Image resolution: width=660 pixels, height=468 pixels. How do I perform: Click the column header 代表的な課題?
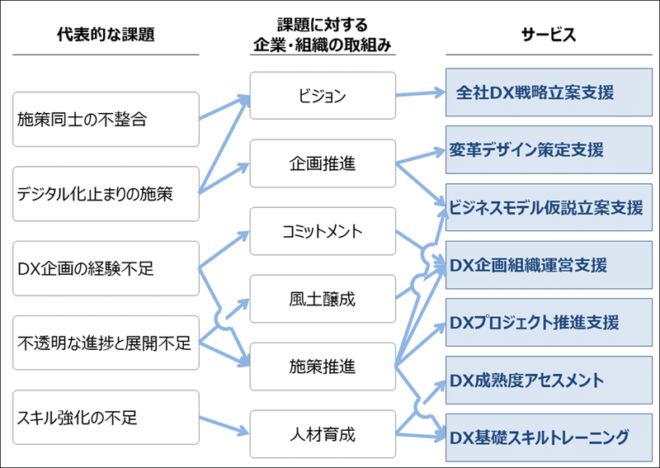[106, 35]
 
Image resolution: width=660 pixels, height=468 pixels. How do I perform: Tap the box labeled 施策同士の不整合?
[106, 119]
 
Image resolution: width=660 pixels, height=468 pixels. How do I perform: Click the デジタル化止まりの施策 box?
[106, 194]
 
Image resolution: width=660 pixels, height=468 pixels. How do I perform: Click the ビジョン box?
[323, 96]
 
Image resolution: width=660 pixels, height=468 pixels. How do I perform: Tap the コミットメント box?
[323, 231]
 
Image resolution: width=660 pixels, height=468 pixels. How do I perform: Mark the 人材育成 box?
[323, 434]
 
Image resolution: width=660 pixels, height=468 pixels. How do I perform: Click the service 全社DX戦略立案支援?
[548, 92]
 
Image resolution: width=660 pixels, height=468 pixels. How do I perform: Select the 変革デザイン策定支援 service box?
[548, 149]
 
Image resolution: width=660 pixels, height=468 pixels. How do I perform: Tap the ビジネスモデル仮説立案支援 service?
[548, 207]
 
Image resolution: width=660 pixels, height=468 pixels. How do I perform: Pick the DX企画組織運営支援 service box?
[548, 265]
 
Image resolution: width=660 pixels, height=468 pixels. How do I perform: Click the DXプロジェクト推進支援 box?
[548, 322]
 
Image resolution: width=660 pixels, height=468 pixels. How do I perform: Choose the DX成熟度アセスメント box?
[548, 380]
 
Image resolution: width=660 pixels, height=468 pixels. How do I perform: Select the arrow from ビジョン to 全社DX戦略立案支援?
[421, 93]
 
